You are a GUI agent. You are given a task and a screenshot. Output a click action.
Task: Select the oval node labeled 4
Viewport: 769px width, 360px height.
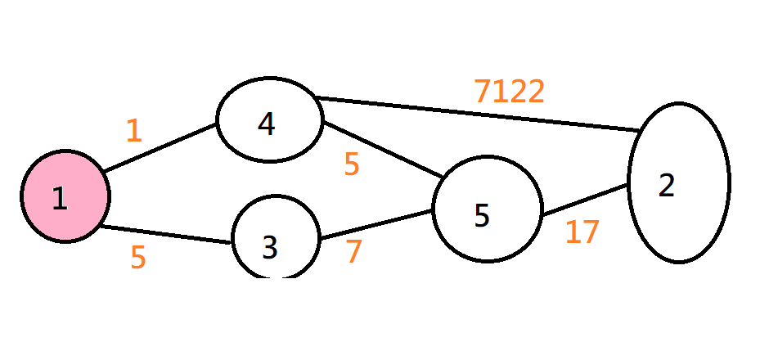coord(268,123)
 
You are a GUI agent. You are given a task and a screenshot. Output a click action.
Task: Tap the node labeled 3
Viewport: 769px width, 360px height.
coord(276,237)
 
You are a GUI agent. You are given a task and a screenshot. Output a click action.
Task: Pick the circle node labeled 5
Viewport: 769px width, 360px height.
coord(487,209)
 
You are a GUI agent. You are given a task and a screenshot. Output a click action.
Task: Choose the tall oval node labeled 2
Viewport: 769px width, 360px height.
coord(678,182)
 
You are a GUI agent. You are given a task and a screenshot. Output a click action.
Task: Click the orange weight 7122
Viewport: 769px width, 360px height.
coord(509,92)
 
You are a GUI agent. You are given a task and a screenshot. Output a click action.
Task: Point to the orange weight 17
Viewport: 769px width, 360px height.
coord(582,233)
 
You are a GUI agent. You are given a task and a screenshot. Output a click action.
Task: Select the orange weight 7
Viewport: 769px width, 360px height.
coord(353,251)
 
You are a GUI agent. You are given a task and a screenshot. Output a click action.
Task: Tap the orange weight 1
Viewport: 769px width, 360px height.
coord(134,131)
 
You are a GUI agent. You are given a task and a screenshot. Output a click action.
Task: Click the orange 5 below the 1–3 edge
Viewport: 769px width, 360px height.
coord(138,258)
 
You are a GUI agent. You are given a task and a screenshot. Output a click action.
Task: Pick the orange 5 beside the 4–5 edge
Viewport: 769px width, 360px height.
coord(352,165)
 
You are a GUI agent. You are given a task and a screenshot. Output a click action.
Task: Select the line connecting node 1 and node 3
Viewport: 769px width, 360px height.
coord(164,235)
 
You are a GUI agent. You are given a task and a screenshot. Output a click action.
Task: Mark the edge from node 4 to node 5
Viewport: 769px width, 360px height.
coord(383,150)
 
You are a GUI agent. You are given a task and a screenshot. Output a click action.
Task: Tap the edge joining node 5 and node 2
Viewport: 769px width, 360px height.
coord(584,201)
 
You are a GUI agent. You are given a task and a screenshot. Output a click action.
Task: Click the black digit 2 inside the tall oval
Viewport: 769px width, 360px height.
coord(667,187)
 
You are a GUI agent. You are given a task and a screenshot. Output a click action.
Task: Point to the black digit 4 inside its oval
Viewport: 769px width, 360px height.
coord(266,124)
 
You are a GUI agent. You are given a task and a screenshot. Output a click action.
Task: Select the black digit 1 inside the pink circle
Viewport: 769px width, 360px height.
coord(59,199)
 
